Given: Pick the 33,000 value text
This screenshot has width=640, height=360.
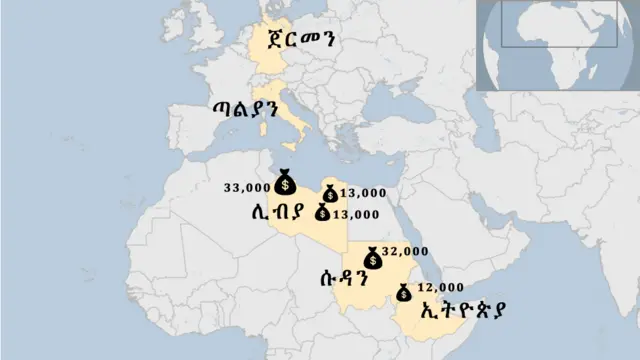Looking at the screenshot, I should (x=247, y=186).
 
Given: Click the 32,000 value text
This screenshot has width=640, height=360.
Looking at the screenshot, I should (x=405, y=251).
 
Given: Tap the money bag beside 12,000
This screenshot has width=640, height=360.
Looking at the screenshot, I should (x=403, y=293).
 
